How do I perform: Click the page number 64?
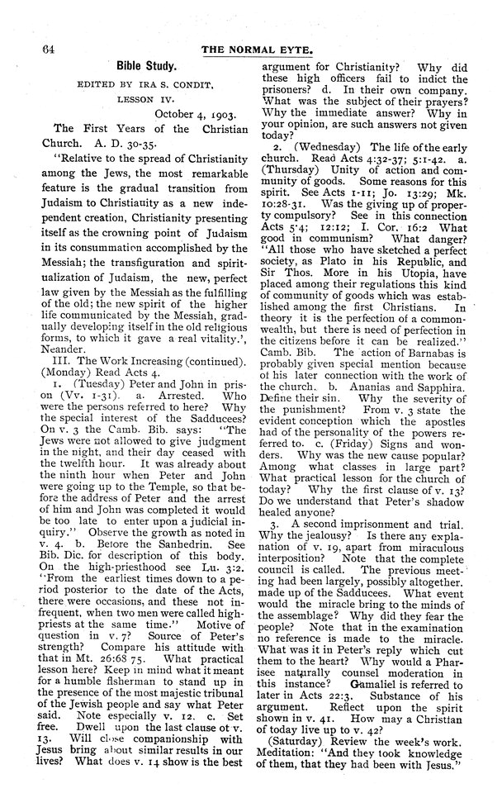point(36,50)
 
